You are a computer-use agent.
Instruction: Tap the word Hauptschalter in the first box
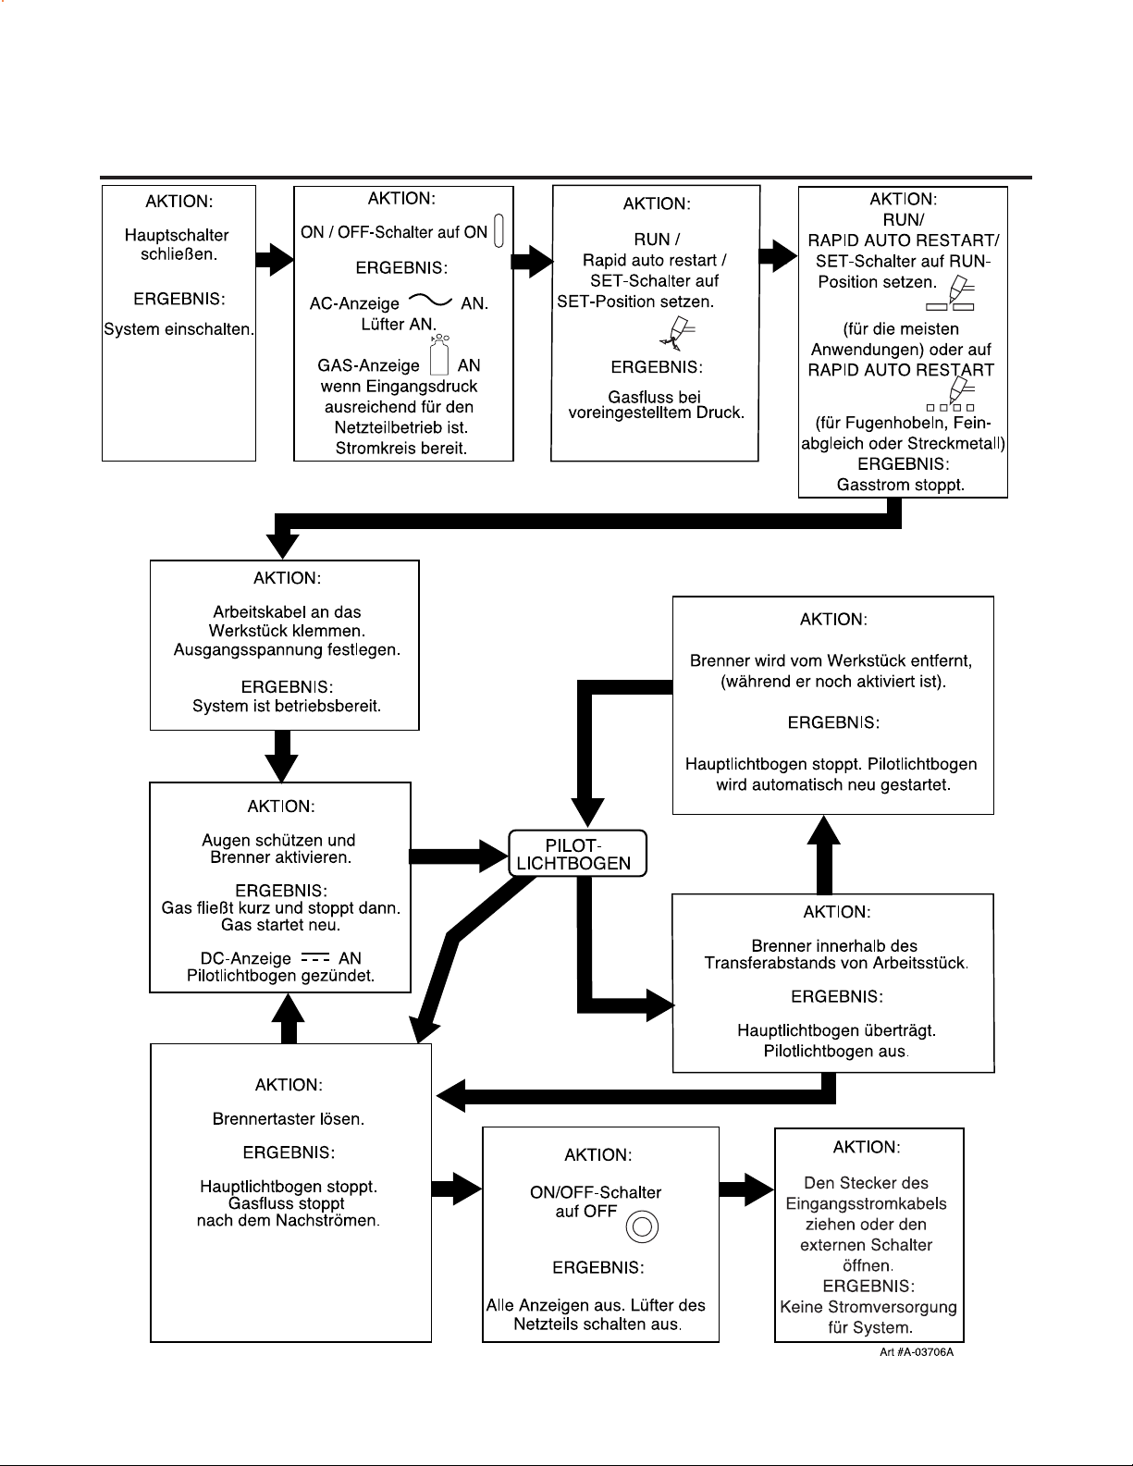[177, 236]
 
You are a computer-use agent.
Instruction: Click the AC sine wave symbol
[430, 300]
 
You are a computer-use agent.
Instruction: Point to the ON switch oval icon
[499, 230]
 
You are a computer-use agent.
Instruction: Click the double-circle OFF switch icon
[642, 1226]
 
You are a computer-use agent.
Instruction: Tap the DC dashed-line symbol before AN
[315, 957]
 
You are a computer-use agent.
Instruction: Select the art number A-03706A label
[917, 1352]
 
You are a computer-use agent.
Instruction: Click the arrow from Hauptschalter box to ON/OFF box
[275, 258]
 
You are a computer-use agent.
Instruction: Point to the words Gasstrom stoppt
[900, 485]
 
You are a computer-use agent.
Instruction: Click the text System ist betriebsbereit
[287, 706]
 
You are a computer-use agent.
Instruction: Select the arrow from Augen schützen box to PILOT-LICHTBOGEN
[460, 856]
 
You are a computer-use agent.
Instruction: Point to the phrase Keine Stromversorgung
[868, 1307]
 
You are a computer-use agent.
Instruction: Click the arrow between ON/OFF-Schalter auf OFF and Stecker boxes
[746, 1189]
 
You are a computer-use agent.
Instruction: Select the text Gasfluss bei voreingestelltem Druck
[656, 405]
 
